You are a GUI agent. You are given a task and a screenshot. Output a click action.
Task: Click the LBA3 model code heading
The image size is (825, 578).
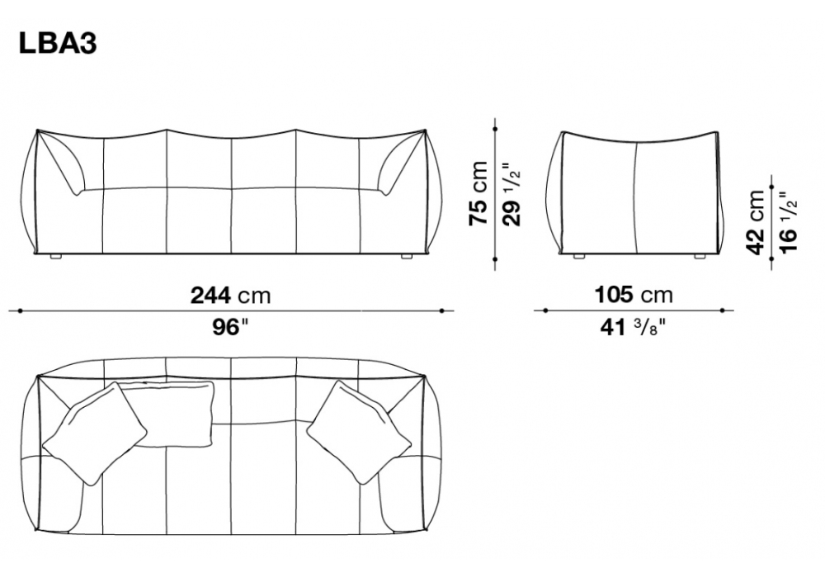[x=58, y=43]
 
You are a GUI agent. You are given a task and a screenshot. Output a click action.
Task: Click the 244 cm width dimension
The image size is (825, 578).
[x=230, y=296]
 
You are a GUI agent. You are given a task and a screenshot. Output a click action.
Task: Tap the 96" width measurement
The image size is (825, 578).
[x=230, y=328]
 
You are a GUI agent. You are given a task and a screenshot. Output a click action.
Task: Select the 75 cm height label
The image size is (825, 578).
[x=478, y=194]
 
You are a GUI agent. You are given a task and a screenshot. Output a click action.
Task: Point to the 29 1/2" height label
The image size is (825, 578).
[x=512, y=194]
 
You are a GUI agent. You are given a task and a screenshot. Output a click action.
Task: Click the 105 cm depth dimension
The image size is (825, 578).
[x=634, y=295]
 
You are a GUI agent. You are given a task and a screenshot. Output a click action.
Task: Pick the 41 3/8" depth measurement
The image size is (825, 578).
[x=633, y=328]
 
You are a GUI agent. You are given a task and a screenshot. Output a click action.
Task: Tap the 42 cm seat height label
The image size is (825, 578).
[x=755, y=221]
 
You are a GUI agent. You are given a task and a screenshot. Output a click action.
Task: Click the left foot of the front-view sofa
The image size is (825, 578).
[x=56, y=257]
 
